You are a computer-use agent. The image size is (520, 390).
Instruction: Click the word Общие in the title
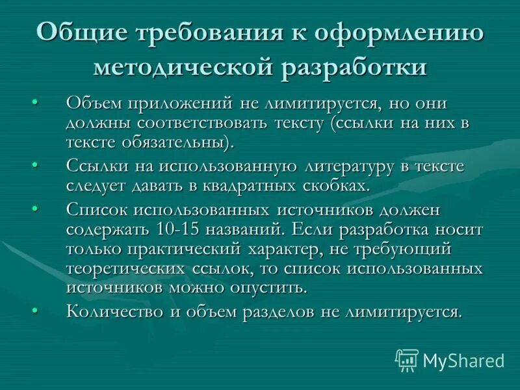click(80, 32)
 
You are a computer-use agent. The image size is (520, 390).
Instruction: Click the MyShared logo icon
click(407, 359)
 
